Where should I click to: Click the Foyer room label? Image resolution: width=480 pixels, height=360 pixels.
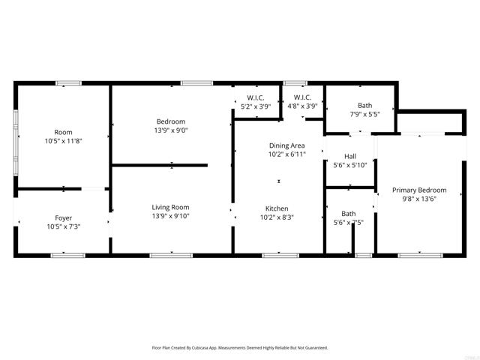coord(63,218)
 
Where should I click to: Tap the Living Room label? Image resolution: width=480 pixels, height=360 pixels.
coord(170,207)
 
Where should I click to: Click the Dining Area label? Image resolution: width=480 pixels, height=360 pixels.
coord(286,145)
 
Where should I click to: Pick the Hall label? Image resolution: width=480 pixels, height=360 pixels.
coord(349,157)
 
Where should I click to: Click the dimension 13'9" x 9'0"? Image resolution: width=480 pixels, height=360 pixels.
coord(170,130)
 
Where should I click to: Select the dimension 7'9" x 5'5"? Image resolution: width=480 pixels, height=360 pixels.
coord(364,115)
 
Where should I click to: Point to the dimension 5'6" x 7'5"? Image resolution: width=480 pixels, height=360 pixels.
coord(349,223)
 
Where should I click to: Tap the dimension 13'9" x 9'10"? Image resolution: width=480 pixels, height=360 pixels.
coord(170,217)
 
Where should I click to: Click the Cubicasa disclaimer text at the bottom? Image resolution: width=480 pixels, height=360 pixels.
coord(239,348)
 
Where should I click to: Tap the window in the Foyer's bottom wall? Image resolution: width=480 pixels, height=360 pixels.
coord(63,256)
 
